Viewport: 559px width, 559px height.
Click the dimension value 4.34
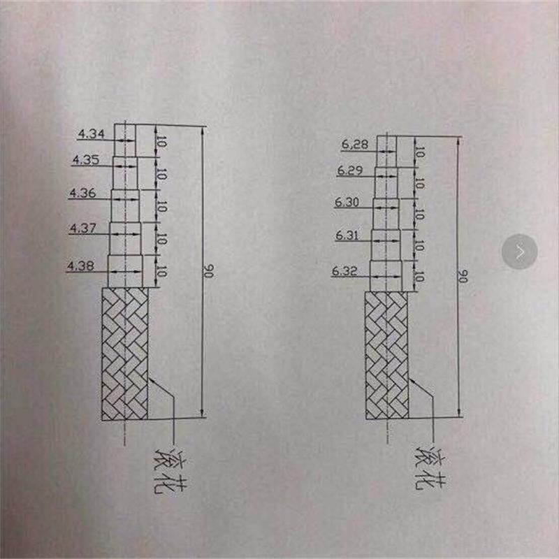click(x=91, y=133)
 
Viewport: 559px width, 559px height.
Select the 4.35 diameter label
click(x=85, y=160)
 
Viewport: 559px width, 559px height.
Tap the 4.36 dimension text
click(x=82, y=194)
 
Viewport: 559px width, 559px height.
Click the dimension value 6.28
click(x=354, y=145)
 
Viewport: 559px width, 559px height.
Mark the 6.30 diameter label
click(x=347, y=203)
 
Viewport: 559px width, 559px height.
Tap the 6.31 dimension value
click(x=347, y=236)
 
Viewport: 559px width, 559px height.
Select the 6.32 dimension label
click(x=345, y=271)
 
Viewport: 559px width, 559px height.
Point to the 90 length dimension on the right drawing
click(x=462, y=276)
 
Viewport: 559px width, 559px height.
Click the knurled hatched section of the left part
click(x=125, y=354)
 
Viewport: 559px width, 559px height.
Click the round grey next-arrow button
click(x=520, y=251)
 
